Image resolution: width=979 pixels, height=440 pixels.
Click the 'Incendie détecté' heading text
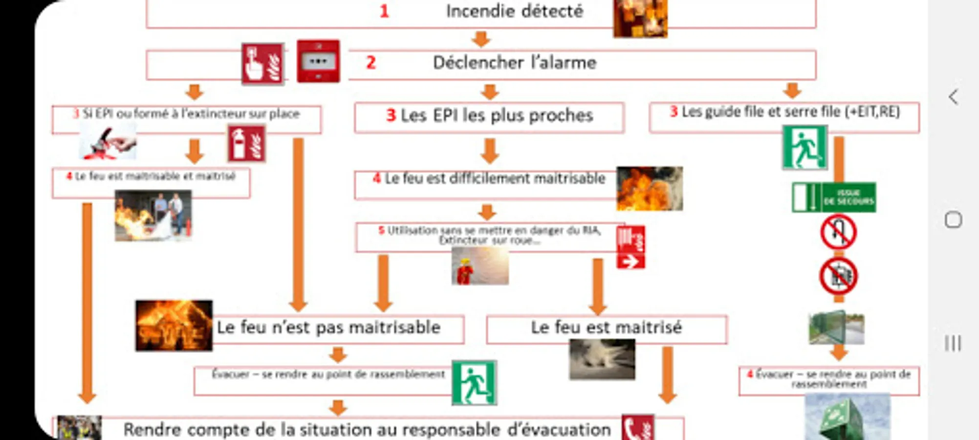tap(514, 11)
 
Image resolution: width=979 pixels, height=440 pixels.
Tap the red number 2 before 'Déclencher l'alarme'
tap(371, 63)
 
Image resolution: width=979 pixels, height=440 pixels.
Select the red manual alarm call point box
tap(318, 61)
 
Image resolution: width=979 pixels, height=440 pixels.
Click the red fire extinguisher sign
tap(246, 144)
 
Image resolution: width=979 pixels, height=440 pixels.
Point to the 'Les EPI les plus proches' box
tap(489, 116)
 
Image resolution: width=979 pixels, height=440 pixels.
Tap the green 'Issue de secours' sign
tap(834, 197)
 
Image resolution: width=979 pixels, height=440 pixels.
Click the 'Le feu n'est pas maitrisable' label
tap(328, 328)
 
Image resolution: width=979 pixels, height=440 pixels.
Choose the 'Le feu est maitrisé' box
tap(606, 328)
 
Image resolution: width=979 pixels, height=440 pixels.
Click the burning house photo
tap(174, 325)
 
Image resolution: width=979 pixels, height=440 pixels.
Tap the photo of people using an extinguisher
tap(153, 216)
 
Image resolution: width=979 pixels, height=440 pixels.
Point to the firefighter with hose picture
tap(480, 266)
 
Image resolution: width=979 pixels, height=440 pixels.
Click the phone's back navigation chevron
tap(953, 97)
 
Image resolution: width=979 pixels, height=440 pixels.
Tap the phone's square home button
tap(953, 220)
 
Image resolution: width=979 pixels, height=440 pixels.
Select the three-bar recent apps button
tap(953, 343)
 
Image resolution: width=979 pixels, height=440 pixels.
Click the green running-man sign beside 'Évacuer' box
tap(474, 383)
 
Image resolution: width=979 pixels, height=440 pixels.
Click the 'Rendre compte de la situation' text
tap(367, 430)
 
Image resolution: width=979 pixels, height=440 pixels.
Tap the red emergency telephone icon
tap(638, 428)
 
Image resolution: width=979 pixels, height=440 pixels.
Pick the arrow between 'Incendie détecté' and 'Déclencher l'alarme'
tap(481, 39)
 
